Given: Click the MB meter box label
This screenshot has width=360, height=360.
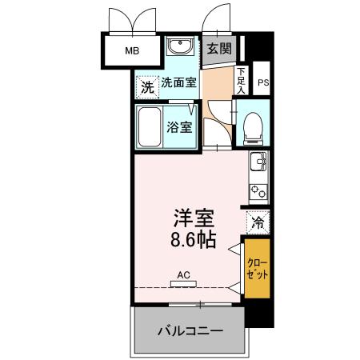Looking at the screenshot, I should pyautogui.click(x=130, y=53).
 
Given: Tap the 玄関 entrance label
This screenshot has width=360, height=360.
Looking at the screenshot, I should pyautogui.click(x=219, y=49).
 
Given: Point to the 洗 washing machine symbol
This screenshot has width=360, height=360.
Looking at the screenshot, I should pyautogui.click(x=146, y=87).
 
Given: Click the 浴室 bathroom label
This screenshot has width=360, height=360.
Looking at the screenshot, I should pyautogui.click(x=178, y=126).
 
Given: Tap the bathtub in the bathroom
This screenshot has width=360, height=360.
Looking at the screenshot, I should pyautogui.click(x=150, y=127).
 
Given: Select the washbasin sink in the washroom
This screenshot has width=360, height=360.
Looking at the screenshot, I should pyautogui.click(x=178, y=49).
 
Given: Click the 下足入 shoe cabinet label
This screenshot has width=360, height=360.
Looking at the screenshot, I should pyautogui.click(x=241, y=79).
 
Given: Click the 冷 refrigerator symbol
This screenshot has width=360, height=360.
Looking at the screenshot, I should pyautogui.click(x=258, y=222).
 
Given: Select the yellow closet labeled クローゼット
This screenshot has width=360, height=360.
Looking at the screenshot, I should pyautogui.click(x=257, y=269).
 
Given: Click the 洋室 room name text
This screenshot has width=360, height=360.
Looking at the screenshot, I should pyautogui.click(x=194, y=218).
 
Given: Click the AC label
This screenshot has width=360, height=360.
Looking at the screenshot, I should pyautogui.click(x=183, y=274).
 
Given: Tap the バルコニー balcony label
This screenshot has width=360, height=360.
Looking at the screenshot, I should pyautogui.click(x=189, y=330).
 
